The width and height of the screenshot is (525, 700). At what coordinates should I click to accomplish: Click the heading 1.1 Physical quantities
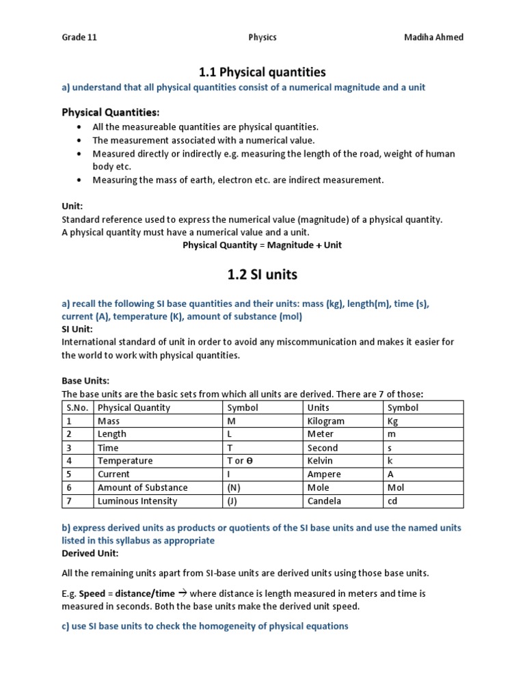262,72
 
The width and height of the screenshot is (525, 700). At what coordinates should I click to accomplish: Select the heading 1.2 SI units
262,275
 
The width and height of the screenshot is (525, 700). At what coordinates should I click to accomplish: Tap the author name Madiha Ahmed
433,38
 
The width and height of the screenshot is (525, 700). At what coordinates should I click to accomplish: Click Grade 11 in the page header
79,38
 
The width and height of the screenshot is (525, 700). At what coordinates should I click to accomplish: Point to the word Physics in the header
262,38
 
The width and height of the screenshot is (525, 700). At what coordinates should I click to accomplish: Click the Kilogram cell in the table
326,421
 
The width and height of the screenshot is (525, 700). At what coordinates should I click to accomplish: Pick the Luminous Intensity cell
137,501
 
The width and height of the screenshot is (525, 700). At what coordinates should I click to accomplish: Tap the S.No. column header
77,408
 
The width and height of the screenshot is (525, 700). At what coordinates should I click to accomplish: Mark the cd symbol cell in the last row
393,501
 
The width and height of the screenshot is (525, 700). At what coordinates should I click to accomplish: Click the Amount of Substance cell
142,487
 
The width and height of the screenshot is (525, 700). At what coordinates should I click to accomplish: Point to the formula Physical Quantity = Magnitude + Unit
262,245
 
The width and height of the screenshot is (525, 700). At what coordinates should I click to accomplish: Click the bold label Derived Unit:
90,553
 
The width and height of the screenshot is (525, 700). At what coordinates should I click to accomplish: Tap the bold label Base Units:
85,381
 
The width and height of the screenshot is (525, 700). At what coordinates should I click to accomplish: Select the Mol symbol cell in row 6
396,487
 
